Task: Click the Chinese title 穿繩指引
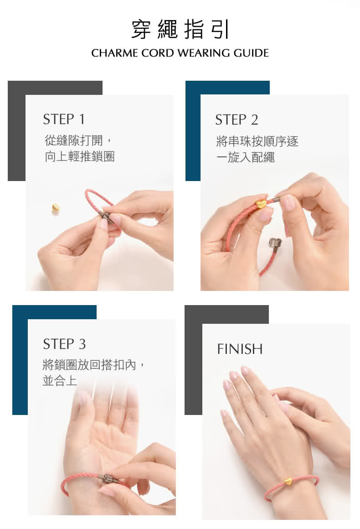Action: click(x=180, y=29)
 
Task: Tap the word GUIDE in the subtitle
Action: click(x=251, y=53)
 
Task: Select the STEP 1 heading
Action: click(x=64, y=119)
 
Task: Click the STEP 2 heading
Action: click(x=237, y=120)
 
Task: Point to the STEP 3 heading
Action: click(x=64, y=344)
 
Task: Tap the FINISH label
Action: click(x=240, y=349)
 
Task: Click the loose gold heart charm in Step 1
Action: click(x=56, y=207)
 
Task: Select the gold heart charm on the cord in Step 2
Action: click(x=261, y=203)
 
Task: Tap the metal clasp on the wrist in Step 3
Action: click(x=108, y=479)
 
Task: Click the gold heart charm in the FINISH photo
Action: click(x=288, y=480)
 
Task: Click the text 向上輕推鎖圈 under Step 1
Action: click(x=80, y=156)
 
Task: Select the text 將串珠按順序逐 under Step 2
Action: click(x=257, y=141)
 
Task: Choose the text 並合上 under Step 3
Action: click(x=60, y=380)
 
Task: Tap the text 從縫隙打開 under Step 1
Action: click(x=73, y=140)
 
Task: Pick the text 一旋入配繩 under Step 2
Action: click(x=246, y=157)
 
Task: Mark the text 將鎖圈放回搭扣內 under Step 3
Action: click(x=89, y=365)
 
